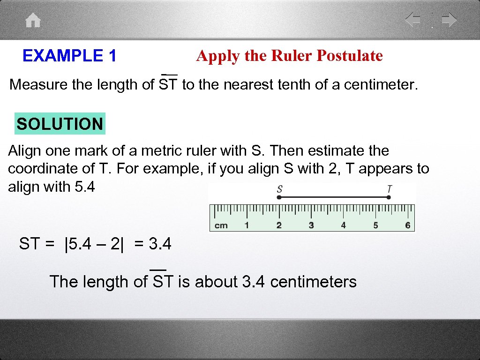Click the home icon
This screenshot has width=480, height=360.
[33, 21]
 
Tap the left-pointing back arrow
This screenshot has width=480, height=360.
[413, 20]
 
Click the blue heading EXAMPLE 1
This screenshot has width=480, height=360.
[69, 56]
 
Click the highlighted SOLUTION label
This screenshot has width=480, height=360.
[60, 124]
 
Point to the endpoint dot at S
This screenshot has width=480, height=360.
[279, 198]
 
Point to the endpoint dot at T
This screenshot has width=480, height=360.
[389, 198]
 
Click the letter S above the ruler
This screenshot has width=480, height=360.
[279, 189]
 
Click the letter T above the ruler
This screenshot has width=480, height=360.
[390, 189]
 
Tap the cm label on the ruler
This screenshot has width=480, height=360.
[221, 225]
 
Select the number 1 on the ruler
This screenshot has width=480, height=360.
[247, 225]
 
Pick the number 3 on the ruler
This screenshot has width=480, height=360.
[311, 225]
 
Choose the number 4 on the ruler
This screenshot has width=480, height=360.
[343, 225]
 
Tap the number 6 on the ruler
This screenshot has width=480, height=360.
[407, 225]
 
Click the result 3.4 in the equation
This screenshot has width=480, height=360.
[160, 244]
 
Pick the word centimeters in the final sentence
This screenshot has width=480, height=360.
[314, 282]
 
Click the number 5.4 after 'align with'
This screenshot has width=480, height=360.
[84, 187]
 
